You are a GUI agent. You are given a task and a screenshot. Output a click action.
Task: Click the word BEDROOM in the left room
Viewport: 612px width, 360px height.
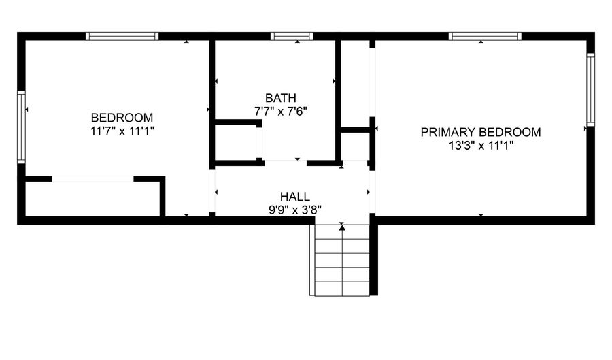[x=122, y=117]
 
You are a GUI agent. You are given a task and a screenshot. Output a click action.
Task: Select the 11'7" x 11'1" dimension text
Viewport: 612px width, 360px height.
[x=122, y=131]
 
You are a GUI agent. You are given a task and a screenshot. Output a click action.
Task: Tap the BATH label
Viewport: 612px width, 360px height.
[x=281, y=98]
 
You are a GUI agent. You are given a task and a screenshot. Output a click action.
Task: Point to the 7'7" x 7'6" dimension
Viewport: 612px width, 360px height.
[x=281, y=112]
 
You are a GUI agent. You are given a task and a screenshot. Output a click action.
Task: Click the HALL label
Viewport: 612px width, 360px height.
[x=294, y=197]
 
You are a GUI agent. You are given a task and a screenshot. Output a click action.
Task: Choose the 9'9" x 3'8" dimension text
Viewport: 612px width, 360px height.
[x=294, y=210]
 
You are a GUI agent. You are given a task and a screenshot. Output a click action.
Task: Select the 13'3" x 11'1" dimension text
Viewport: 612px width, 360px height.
[x=481, y=145]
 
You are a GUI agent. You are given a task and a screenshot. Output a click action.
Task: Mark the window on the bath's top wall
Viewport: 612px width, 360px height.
[x=292, y=36]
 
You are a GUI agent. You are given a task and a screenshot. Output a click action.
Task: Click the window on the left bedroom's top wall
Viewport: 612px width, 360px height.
[x=122, y=36]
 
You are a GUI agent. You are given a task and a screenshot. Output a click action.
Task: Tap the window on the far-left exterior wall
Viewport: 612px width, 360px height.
[x=22, y=127]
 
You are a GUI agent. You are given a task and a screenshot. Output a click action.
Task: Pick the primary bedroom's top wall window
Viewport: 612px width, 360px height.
[x=486, y=36]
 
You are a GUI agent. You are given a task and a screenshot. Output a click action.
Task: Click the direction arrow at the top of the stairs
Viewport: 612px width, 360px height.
[x=342, y=227]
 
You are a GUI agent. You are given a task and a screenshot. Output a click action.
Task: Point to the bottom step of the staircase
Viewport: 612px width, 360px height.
[x=342, y=289]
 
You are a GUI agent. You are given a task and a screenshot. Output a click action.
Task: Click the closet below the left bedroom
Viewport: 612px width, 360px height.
[x=92, y=199]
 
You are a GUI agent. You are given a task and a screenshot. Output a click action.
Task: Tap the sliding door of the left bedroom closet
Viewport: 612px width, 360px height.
[x=92, y=179]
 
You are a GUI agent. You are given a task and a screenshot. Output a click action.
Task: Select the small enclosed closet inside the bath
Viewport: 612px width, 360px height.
[x=235, y=143]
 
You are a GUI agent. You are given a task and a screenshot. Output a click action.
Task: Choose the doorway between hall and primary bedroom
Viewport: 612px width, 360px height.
[x=372, y=192]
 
